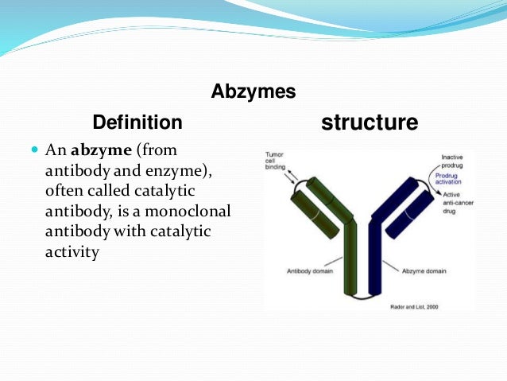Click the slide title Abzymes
pos(253,92)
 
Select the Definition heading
pos(137,122)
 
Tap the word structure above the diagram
pos(369,122)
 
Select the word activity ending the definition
pos(73,253)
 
